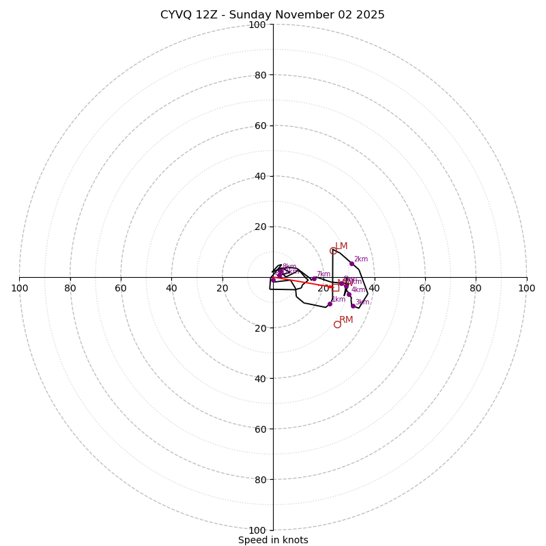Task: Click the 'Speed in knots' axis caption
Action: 273,540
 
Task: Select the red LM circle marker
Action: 333,250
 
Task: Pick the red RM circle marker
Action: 337,324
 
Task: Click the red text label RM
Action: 346,320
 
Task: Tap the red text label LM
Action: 341,246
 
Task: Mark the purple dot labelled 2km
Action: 351,263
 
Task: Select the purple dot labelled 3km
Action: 353,306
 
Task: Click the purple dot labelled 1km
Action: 330,304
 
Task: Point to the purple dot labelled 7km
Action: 314,278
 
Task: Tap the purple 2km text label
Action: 361,259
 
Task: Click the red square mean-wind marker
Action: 335,287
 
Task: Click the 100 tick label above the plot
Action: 257,25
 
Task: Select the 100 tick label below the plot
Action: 257,530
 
